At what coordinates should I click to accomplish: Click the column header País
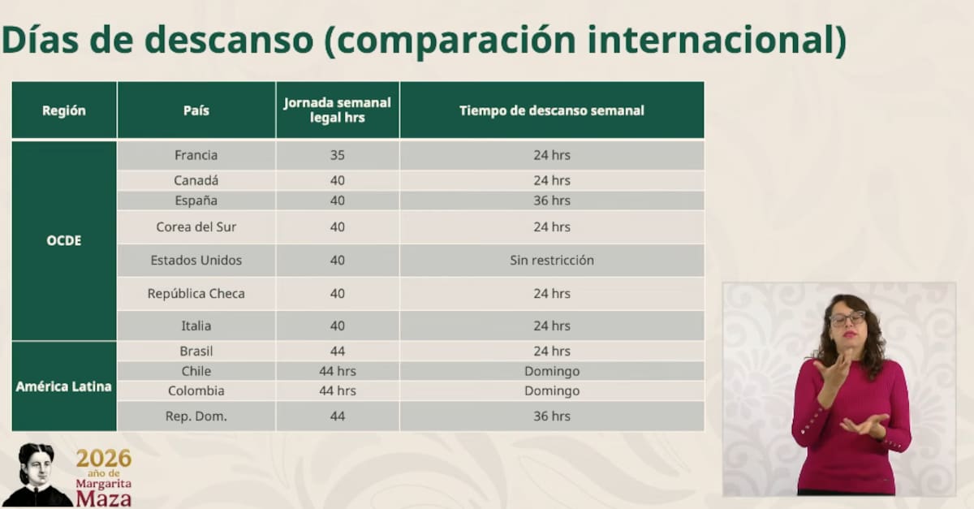coord(196,110)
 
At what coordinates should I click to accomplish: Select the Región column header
coord(64,110)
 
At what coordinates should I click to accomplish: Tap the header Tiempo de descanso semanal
coord(552,110)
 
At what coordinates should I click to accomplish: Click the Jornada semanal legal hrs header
coord(338,110)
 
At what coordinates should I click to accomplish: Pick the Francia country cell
coord(196,155)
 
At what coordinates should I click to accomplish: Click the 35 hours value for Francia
coord(338,155)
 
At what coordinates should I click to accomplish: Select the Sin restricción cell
coord(552,261)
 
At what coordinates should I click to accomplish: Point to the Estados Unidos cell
coord(196,261)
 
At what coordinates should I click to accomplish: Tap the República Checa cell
coord(196,293)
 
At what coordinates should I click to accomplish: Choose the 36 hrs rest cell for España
coord(552,201)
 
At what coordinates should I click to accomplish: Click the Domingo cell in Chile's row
coord(552,371)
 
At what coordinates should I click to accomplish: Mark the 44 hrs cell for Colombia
coord(338,390)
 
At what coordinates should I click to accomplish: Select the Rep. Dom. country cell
coord(196,416)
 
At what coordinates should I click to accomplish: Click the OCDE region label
coord(64,241)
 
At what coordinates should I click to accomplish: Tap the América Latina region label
coord(64,386)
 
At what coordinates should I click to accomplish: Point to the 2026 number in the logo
coord(104,459)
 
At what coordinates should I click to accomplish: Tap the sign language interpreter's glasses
coord(847,317)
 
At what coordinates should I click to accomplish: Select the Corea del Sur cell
coord(196,227)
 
